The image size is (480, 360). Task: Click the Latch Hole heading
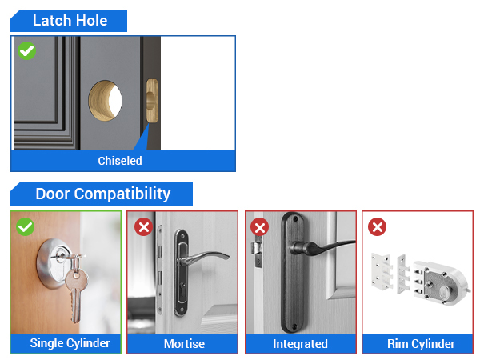coord(70,21)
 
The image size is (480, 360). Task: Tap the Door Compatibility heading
coord(102,194)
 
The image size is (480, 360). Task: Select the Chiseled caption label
coord(120,161)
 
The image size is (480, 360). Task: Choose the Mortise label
coord(184,344)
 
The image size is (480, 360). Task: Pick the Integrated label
coord(301,344)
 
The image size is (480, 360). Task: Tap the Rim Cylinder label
coord(421,344)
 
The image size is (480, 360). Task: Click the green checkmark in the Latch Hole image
coord(26,51)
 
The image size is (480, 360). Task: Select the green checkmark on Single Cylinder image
coord(26,227)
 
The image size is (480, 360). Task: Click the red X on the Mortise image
coord(143,227)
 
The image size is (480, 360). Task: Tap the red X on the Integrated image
coord(260,227)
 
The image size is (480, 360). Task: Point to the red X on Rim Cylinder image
coord(377,227)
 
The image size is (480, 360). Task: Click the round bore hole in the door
coord(106,99)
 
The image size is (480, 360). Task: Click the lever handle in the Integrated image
coord(324,244)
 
